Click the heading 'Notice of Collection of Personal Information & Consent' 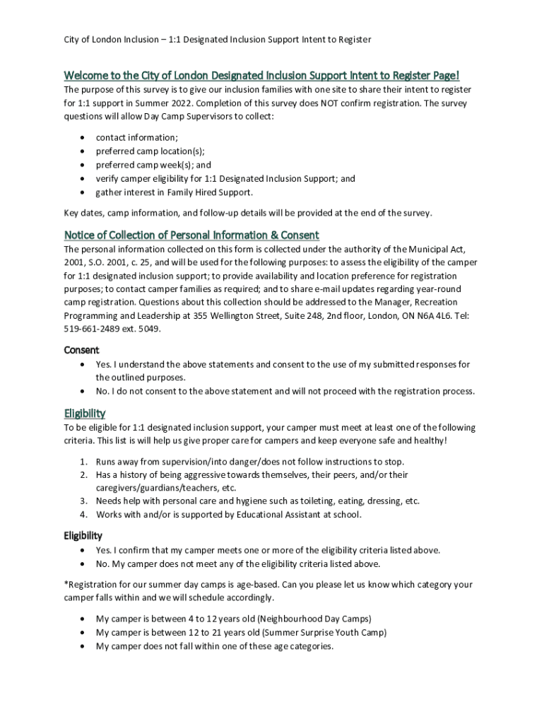[x=191, y=235]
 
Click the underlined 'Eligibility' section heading [x=85, y=413]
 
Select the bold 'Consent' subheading [x=82, y=350]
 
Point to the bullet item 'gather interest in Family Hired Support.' [x=174, y=192]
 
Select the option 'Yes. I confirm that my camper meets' [x=268, y=550]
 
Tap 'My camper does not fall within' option [x=215, y=646]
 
